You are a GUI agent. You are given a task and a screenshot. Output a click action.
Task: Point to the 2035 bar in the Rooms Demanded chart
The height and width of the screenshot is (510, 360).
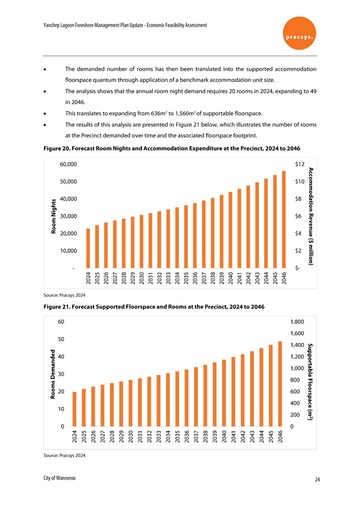pos(177,399)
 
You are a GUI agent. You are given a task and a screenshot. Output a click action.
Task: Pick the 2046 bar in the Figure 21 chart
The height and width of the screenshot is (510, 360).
pos(280,384)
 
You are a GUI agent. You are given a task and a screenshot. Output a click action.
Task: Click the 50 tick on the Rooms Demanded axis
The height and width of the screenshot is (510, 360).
pos(61,339)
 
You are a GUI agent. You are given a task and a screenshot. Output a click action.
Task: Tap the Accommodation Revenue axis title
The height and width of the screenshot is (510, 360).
pos(311,216)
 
